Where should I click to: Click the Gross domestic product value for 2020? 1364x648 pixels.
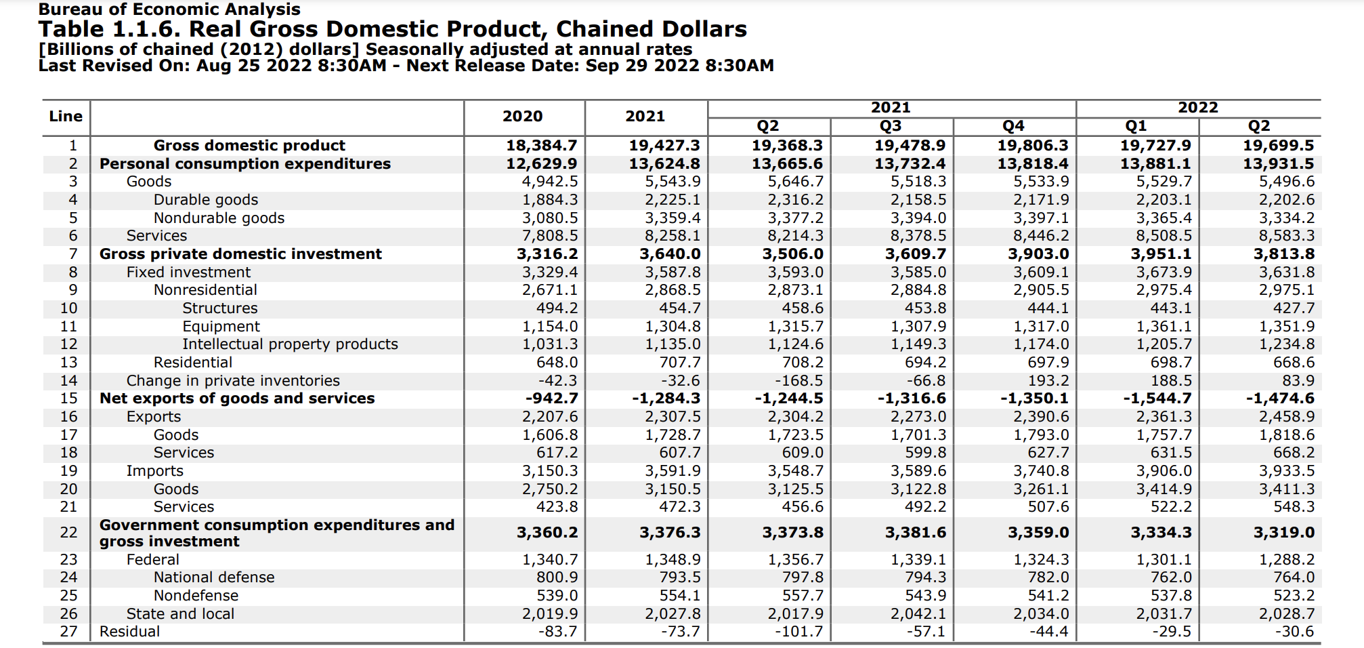click(x=541, y=146)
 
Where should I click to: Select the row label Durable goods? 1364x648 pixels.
click(x=206, y=200)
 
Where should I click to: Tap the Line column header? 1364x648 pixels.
click(x=66, y=117)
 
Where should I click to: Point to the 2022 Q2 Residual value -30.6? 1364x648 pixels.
click(x=1294, y=632)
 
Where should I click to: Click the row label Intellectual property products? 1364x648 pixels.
click(x=290, y=344)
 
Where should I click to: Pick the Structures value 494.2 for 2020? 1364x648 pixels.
click(x=557, y=308)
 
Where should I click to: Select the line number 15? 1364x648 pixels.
click(x=68, y=399)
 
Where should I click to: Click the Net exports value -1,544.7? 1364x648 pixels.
click(x=1157, y=399)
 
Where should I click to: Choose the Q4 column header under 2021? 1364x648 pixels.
click(x=1013, y=126)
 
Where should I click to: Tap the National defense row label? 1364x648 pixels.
click(x=214, y=578)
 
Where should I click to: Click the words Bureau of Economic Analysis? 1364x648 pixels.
click(x=169, y=9)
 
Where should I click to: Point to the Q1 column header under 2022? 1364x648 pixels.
click(x=1136, y=126)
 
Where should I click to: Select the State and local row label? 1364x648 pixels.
click(x=180, y=614)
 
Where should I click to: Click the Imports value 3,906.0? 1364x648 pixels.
click(x=1164, y=471)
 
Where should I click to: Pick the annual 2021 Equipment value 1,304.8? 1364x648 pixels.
click(x=673, y=327)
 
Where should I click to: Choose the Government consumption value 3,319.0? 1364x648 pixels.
click(x=1283, y=533)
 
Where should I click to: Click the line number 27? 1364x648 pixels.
click(x=68, y=632)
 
